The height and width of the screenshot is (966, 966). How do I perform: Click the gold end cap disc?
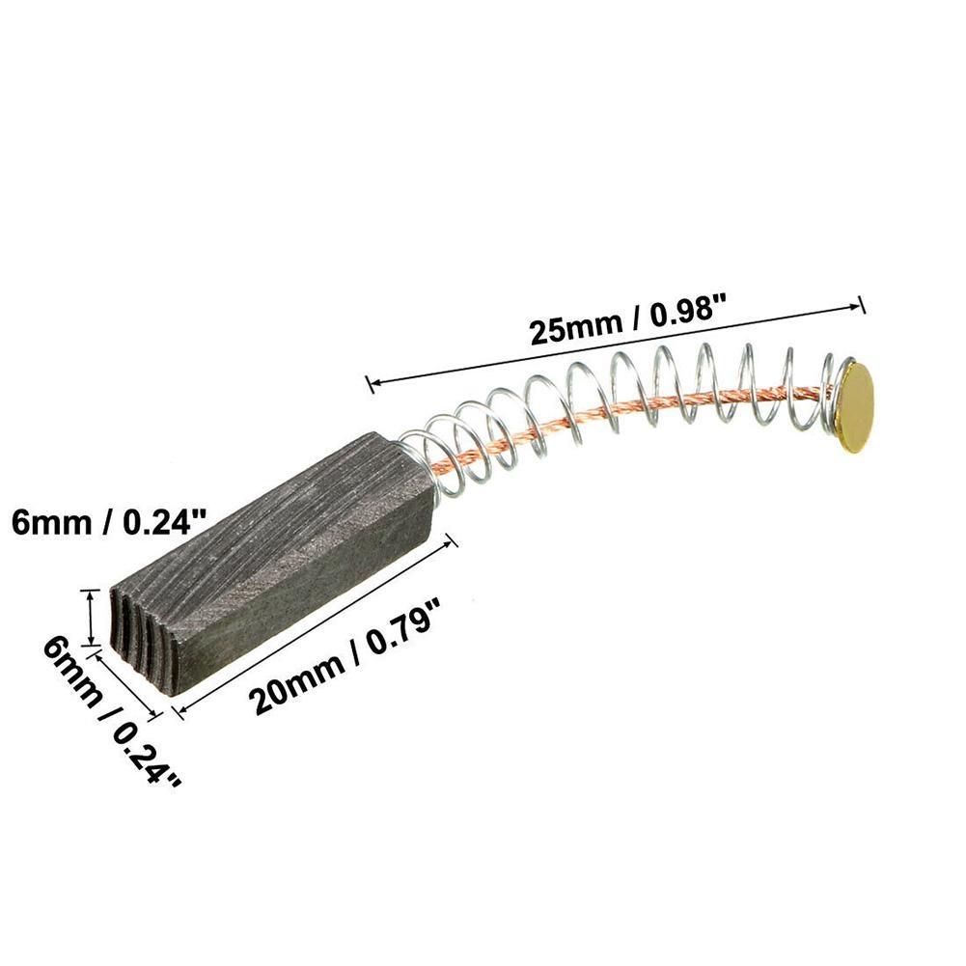pos(853,405)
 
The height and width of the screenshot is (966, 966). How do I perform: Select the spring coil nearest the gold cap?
pos(828,391)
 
